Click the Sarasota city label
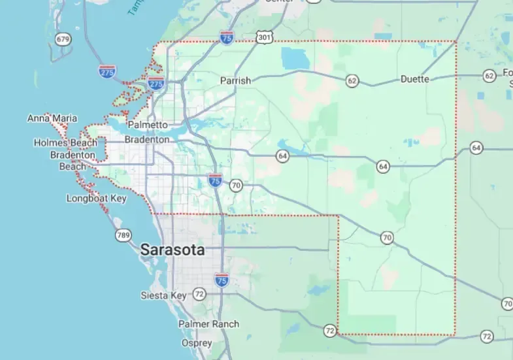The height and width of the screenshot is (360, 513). click(x=173, y=250)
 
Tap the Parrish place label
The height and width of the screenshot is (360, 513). click(x=235, y=80)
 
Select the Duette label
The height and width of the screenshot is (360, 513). click(x=415, y=79)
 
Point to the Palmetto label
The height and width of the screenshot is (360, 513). click(x=148, y=124)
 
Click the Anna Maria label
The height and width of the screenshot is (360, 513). click(x=52, y=118)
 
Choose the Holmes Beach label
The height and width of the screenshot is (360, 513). click(x=65, y=142)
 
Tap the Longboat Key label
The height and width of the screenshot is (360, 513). click(x=96, y=198)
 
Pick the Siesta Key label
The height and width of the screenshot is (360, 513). click(x=163, y=295)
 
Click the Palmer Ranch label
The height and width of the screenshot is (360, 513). click(x=208, y=323)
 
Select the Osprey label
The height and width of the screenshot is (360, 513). click(x=197, y=343)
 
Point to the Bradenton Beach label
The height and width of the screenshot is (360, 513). click(x=73, y=161)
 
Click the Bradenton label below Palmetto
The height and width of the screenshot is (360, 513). click(x=147, y=139)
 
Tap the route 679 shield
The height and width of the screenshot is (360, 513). click(x=63, y=39)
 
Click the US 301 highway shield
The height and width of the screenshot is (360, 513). click(x=263, y=38)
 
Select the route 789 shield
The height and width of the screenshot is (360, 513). click(x=123, y=235)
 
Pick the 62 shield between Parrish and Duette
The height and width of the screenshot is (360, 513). click(x=352, y=81)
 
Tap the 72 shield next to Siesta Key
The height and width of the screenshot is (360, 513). click(x=199, y=295)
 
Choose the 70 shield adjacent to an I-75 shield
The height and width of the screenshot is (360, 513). click(x=236, y=186)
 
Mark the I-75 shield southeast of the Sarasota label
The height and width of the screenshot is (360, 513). click(x=222, y=280)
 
